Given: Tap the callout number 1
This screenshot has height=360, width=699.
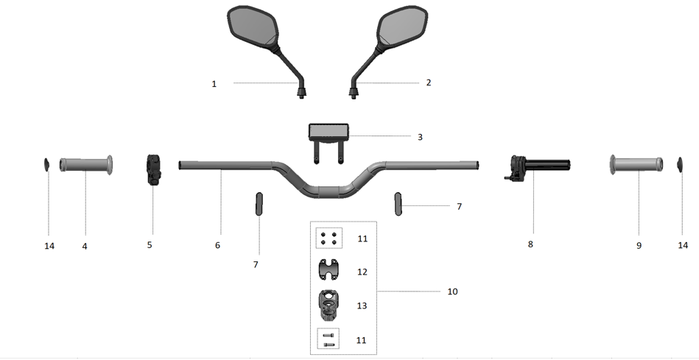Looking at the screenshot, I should tap(214, 84).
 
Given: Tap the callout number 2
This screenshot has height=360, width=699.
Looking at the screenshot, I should tap(429, 82).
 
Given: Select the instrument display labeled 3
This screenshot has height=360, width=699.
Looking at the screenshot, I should tap(329, 133).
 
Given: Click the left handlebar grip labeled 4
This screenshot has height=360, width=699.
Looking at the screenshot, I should tap(85, 165).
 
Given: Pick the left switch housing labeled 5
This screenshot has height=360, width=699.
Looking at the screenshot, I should tap(153, 170).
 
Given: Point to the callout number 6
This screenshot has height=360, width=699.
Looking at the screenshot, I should tap(217, 244).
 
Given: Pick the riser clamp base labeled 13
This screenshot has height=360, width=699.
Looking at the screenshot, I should tap(329, 303).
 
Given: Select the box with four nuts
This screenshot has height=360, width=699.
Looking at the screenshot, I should tap(329, 239).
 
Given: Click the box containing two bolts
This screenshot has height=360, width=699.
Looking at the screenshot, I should tap(329, 339).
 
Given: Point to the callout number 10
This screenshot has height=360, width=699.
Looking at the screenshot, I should tap(452, 292).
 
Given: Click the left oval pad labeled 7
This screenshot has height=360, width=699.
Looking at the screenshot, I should tap(259, 203).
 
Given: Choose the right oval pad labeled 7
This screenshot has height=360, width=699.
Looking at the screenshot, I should tap(398, 203).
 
